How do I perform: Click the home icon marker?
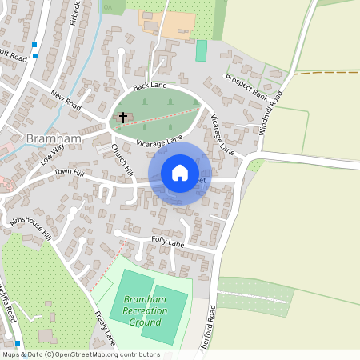pos(180,173)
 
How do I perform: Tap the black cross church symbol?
pos(122,118)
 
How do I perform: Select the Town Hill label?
pos(69,173)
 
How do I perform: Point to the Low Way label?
pos(51,153)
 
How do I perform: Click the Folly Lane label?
pos(166,242)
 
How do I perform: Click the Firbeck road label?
pos(74,14)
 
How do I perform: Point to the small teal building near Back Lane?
pos(201,50)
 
